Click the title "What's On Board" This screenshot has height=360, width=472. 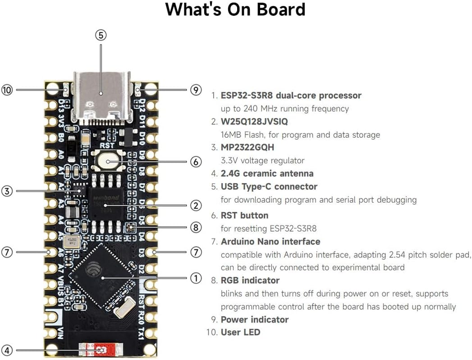point(235,9)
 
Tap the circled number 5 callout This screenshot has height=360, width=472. point(101,35)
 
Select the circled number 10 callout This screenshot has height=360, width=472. point(7,90)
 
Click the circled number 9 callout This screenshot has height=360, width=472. point(195,90)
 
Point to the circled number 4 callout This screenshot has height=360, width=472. point(7,350)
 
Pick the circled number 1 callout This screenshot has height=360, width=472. point(196,278)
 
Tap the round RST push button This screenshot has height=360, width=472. point(107,161)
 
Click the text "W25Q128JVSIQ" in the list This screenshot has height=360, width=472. point(254,121)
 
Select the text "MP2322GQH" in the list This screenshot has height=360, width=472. point(247,148)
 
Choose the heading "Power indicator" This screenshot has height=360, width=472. point(254,319)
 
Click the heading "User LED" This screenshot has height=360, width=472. point(240,333)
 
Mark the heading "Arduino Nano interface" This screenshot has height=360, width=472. point(270,242)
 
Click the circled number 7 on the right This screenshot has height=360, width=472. point(196,252)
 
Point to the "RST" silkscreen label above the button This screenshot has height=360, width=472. point(107,146)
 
